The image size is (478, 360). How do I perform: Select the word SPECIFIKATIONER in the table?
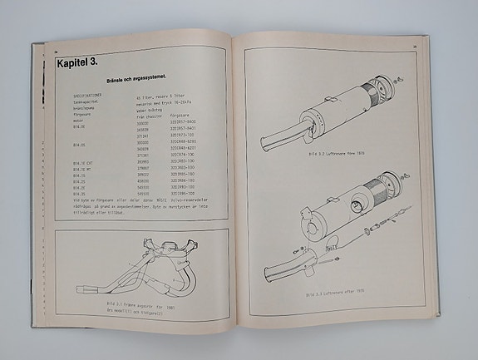tap(92, 96)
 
